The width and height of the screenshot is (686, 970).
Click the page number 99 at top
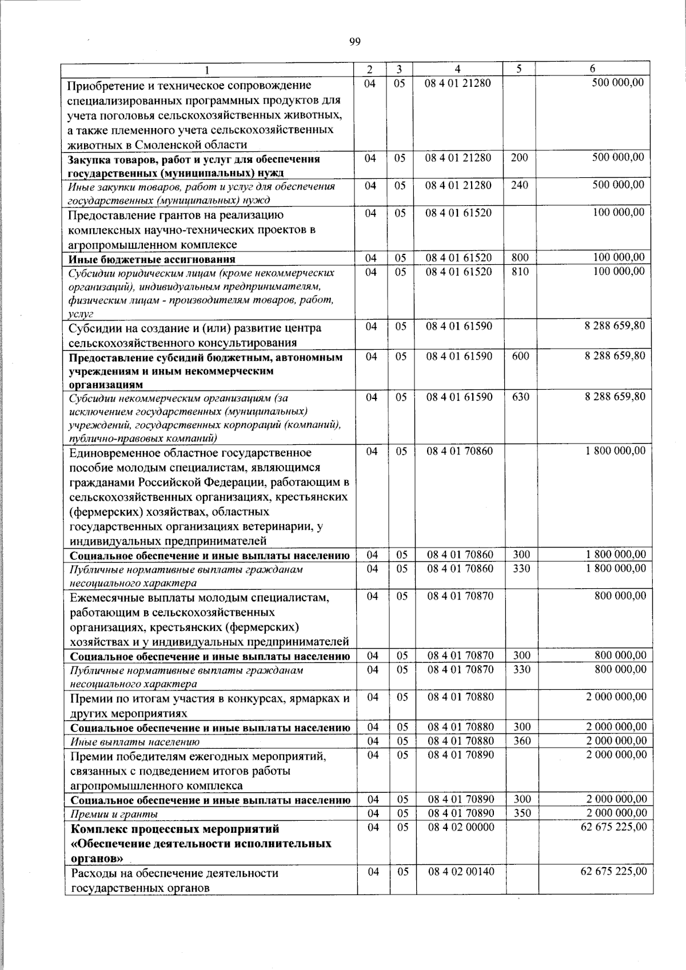point(354,41)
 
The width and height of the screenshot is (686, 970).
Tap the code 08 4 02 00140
point(460,872)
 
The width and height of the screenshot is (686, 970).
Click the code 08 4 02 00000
point(460,827)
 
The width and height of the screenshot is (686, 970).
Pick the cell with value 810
point(520,272)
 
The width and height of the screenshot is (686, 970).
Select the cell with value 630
point(520,396)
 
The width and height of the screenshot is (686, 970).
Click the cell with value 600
point(520,356)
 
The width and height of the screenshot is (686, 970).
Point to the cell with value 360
point(521,741)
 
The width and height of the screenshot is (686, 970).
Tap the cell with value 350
point(521,813)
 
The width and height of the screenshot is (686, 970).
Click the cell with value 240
point(519,185)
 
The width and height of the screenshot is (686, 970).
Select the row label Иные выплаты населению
point(135,742)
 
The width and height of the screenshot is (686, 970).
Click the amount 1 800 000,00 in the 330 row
point(616,568)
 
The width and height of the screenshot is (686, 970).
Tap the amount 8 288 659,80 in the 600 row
point(615,356)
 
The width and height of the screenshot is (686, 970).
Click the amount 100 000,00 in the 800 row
point(619,257)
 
